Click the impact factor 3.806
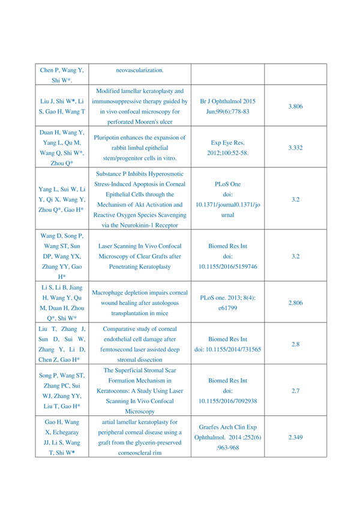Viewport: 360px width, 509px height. [x=295, y=106]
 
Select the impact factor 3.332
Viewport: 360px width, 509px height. [x=295, y=147]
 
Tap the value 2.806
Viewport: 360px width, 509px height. [x=295, y=303]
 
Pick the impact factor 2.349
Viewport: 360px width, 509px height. [x=295, y=438]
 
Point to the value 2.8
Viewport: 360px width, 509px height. [x=295, y=345]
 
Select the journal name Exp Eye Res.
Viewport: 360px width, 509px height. [x=227, y=143]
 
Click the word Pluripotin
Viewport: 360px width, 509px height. [x=110, y=137]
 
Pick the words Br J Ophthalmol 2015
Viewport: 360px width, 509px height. [x=227, y=101]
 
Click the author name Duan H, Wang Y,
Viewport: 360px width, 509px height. [x=62, y=132]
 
